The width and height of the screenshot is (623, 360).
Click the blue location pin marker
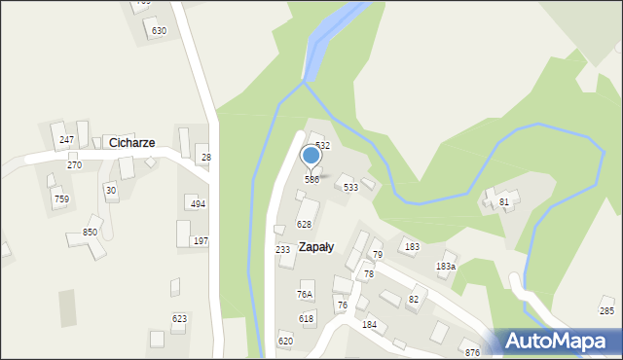click(x=311, y=156)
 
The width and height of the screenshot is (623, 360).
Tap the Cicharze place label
click(x=132, y=143)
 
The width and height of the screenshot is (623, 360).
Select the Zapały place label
click(x=315, y=247)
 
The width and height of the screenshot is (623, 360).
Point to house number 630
click(x=159, y=31)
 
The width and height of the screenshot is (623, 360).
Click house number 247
click(x=66, y=140)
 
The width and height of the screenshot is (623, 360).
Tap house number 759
click(x=61, y=199)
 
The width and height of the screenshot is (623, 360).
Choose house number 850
click(x=90, y=233)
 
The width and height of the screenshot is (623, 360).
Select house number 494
click(x=198, y=204)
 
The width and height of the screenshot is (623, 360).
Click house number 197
click(x=201, y=241)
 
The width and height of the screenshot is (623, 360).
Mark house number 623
click(x=179, y=319)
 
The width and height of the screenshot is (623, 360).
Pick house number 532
click(x=322, y=146)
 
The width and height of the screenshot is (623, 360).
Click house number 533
click(x=350, y=187)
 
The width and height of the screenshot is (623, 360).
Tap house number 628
click(x=304, y=225)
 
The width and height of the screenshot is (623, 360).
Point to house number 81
click(x=504, y=202)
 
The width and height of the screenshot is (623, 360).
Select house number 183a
click(x=445, y=267)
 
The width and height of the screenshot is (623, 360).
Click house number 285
click(x=606, y=311)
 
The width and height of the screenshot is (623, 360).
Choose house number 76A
click(x=305, y=295)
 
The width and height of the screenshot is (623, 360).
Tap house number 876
click(x=472, y=352)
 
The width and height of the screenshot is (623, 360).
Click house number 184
click(x=369, y=325)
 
